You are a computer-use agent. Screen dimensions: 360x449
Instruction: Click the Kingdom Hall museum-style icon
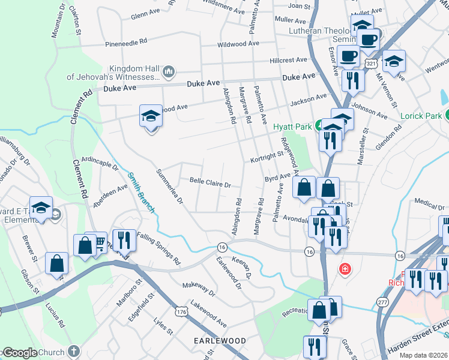coord(169,72)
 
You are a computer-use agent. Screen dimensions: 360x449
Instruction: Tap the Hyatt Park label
coord(292,127)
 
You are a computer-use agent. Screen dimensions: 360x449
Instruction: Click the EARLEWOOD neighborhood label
coord(220,341)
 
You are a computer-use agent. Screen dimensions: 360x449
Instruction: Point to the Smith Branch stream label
coord(141,192)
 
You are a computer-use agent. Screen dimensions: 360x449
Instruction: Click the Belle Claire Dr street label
coord(210,182)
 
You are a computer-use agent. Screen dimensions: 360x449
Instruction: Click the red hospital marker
coord(345,268)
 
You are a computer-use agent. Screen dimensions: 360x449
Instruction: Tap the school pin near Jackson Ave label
coord(151,116)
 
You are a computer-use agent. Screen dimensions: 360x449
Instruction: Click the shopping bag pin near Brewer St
coord(56,264)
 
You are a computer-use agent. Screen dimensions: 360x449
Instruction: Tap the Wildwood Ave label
coord(238,44)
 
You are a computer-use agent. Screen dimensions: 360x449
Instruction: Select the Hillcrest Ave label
coord(288,61)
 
